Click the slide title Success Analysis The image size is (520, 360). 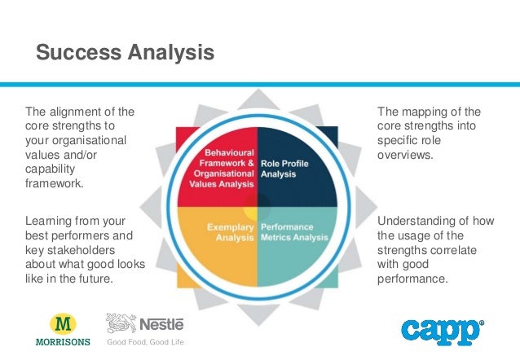[125, 54]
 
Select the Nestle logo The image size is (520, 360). [145, 323]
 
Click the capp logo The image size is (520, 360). [441, 331]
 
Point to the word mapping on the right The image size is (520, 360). [423, 112]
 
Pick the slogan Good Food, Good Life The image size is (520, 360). [145, 342]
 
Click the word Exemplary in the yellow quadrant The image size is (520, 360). [229, 227]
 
